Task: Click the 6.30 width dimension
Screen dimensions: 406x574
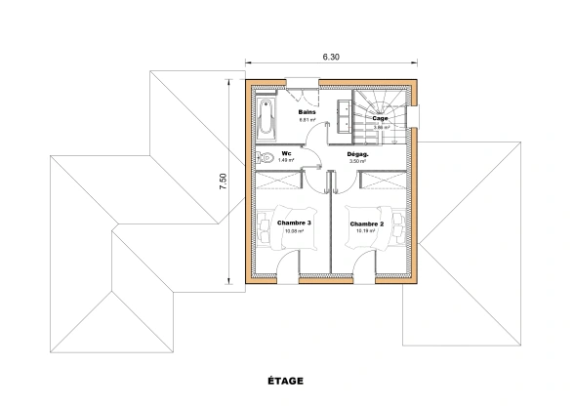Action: point(331,58)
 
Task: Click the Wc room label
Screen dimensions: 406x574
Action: point(287,153)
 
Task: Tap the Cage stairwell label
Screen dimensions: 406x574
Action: point(380,119)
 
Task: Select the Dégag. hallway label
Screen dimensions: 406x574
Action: point(357,154)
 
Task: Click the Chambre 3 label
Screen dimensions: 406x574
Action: point(294,223)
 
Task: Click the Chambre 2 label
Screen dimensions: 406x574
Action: point(366,224)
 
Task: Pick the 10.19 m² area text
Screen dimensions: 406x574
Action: point(366,232)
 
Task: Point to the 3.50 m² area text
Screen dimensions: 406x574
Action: point(357,162)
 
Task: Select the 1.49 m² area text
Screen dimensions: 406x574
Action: point(287,161)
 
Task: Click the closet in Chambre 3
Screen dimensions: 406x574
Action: point(279,181)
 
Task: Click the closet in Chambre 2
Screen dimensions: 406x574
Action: point(382,181)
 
